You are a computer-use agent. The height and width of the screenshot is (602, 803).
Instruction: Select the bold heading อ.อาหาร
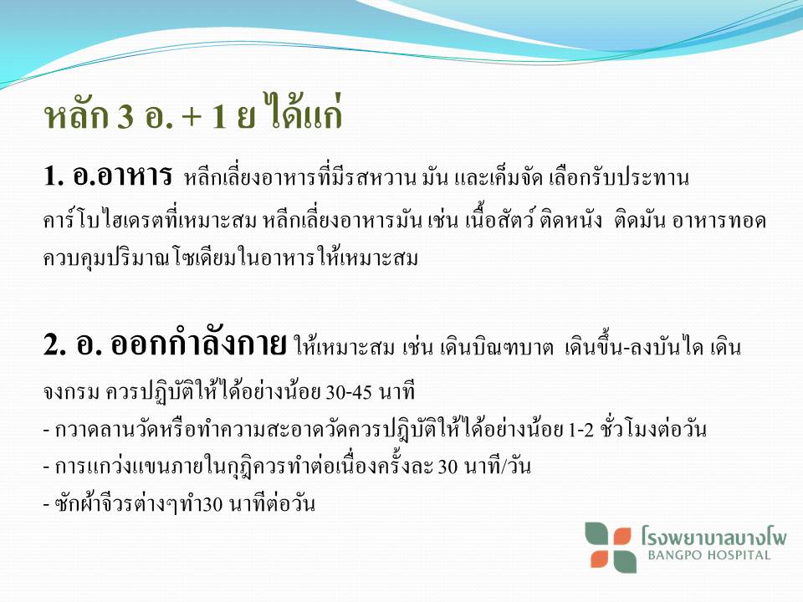[122, 175]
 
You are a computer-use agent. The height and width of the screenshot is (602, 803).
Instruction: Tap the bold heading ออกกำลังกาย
[198, 343]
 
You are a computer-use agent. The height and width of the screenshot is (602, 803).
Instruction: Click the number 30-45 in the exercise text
[348, 392]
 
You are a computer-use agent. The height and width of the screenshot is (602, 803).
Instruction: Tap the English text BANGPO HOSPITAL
[708, 555]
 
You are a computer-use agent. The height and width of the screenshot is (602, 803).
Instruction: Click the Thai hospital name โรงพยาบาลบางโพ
[713, 536]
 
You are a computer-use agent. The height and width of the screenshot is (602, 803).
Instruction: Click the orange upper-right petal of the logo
[621, 536]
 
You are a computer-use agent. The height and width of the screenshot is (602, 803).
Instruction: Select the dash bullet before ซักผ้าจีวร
[47, 505]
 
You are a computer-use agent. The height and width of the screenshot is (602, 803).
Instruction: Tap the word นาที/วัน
[497, 466]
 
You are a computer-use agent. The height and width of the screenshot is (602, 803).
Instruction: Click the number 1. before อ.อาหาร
[54, 176]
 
